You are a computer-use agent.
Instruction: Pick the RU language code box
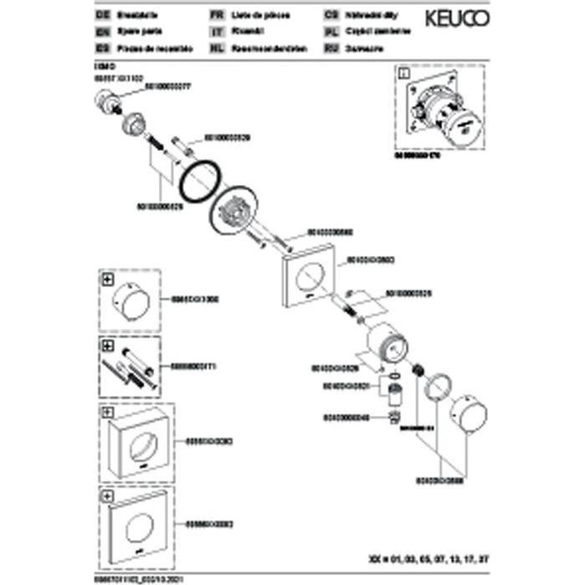coord(329,49)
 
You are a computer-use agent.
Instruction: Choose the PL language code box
coord(329,32)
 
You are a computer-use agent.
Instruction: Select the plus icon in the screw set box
coord(108,345)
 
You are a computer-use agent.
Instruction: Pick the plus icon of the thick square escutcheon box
coord(108,412)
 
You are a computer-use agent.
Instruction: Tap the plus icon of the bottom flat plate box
coord(108,495)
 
